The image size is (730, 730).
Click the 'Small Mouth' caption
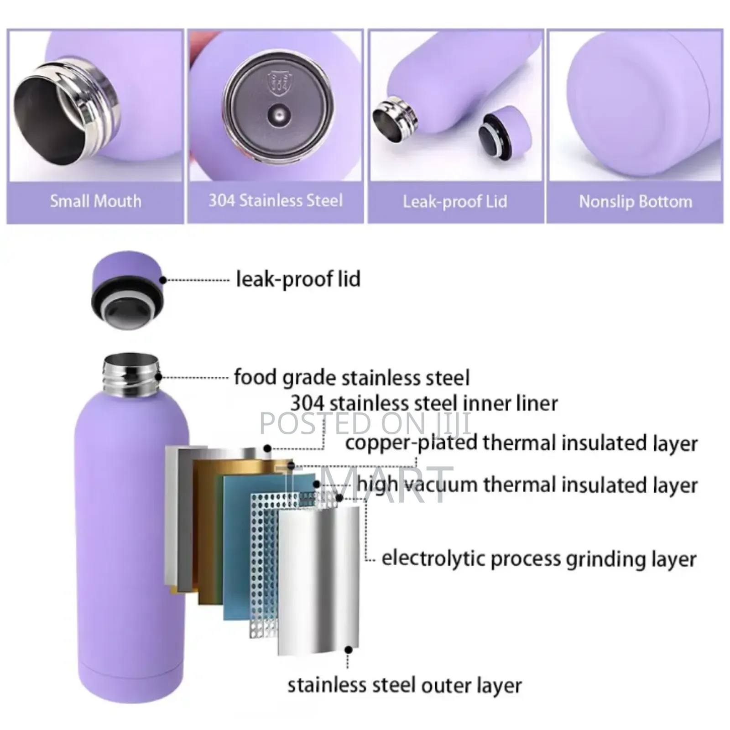[x=95, y=201]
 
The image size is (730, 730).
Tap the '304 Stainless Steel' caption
[x=275, y=200]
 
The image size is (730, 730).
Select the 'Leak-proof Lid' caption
[x=455, y=201]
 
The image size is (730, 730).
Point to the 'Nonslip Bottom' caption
[x=635, y=201]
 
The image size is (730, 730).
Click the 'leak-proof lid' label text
[x=297, y=279]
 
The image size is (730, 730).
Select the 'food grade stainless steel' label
[x=351, y=377]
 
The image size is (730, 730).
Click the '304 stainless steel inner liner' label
[x=424, y=403]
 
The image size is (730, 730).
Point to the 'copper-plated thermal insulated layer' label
[x=521, y=443]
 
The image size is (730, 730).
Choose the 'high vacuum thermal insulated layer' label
[x=527, y=484]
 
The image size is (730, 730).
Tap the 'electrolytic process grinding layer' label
[x=538, y=558]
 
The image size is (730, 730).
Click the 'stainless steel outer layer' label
[x=404, y=685]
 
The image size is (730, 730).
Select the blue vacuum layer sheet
[x=237, y=547]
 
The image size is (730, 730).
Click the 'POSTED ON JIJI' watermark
[x=365, y=423]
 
